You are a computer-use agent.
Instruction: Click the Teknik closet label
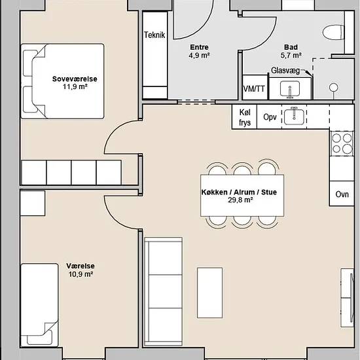[154, 35]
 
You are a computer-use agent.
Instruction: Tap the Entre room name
[199, 47]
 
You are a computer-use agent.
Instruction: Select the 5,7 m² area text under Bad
[291, 56]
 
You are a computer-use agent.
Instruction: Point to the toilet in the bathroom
[333, 32]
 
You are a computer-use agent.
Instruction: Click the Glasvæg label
[285, 71]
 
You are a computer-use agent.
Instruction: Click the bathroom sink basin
[290, 88]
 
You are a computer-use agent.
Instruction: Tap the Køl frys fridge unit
[245, 117]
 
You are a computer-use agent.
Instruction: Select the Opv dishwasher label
[270, 117]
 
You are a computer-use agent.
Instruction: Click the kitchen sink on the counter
[294, 117]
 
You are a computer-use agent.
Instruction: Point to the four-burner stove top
[342, 144]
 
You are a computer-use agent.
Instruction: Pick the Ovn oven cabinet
[342, 193]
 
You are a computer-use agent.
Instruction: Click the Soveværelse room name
[75, 79]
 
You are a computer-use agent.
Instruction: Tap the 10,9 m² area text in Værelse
[81, 274]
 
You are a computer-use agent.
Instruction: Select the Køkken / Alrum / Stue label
[239, 192]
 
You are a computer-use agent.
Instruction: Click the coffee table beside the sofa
[209, 293]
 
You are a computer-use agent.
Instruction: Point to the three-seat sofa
[163, 291]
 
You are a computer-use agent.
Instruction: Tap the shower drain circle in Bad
[333, 88]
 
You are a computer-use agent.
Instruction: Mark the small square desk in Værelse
[33, 204]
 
